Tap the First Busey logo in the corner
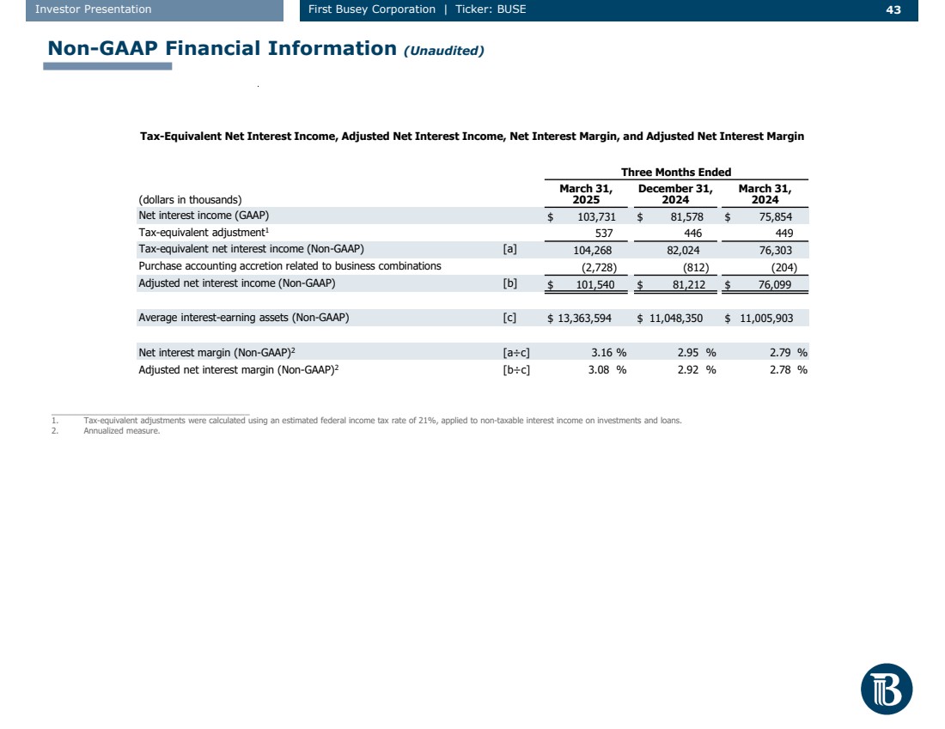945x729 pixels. coord(886,689)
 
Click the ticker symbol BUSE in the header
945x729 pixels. coord(510,9)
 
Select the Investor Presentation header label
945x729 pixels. coord(94,9)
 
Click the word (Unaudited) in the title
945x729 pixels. coord(443,51)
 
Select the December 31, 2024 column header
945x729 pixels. coord(675,194)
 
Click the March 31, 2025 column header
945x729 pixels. coord(586,194)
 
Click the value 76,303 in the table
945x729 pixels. coord(775,250)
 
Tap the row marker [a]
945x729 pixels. coord(509,250)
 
